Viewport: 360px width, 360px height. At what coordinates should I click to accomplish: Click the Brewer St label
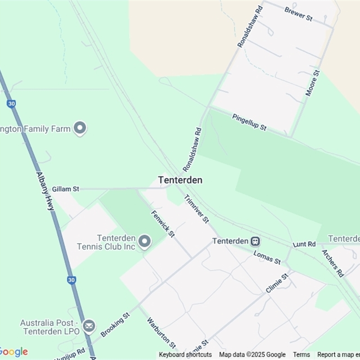tap(298, 14)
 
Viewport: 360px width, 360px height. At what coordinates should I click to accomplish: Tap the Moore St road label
tap(312, 83)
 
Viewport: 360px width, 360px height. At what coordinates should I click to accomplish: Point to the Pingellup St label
tap(249, 122)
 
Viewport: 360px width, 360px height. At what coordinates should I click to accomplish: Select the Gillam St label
tap(65, 189)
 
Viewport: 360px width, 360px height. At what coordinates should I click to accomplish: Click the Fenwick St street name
tap(163, 224)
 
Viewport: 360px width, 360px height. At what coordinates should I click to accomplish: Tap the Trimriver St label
tap(197, 209)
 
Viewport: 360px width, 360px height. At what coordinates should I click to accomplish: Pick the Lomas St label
tap(267, 257)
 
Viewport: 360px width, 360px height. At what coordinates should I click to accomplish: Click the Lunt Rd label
tap(304, 244)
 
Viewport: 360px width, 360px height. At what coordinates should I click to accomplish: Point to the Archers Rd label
tap(333, 263)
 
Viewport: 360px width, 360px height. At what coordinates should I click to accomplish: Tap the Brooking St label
tap(115, 324)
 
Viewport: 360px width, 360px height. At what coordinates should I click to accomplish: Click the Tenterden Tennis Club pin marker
tap(144, 242)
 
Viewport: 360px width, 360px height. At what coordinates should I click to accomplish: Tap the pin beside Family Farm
tap(80, 128)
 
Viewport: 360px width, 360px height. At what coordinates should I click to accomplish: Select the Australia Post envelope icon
tap(89, 326)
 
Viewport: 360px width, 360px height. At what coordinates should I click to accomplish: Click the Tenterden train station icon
tap(256, 241)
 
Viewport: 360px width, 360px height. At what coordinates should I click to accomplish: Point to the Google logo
tap(13, 352)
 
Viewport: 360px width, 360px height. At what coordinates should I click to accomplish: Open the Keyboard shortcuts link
tap(185, 355)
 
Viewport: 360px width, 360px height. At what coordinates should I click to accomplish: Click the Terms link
tap(301, 355)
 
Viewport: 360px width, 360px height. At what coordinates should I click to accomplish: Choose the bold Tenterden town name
tap(180, 180)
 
